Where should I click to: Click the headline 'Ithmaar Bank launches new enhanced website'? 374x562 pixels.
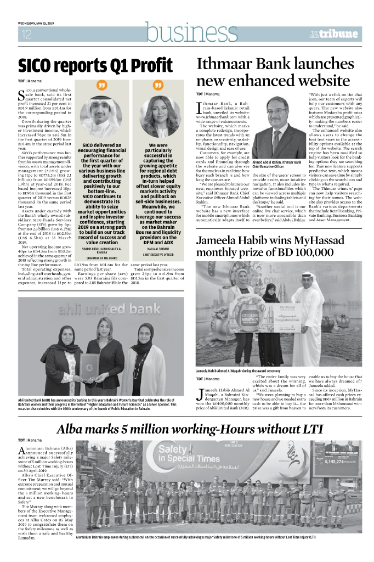(x=276, y=72)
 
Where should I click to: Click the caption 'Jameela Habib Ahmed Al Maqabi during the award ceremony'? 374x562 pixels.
(x=246, y=370)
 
